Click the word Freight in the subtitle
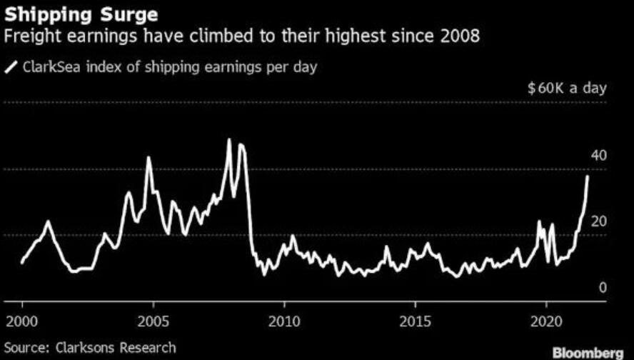(x=29, y=36)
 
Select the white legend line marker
(x=11, y=68)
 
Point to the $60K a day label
(x=566, y=89)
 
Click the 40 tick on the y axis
(x=598, y=156)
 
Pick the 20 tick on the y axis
(x=598, y=221)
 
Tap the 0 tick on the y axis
(x=602, y=287)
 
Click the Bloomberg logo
(x=587, y=351)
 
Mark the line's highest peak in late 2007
(x=228, y=140)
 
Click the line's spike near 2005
(x=149, y=158)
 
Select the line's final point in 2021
(x=588, y=176)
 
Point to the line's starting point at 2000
(x=22, y=263)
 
